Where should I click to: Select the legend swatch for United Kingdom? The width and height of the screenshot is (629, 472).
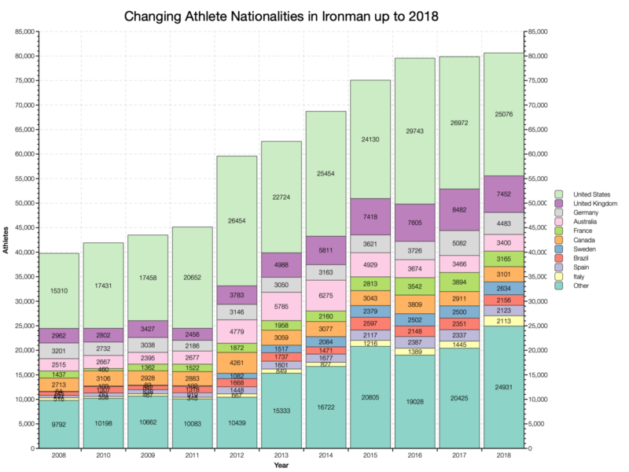click(x=558, y=204)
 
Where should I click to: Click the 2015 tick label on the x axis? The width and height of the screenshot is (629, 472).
click(x=373, y=455)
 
